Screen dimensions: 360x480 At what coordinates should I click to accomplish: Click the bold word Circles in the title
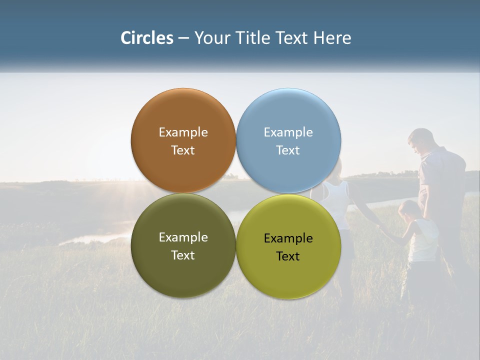point(146,38)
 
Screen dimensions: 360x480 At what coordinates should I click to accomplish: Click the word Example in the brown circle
point(183,132)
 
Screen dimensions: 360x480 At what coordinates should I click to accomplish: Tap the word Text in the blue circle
point(288,150)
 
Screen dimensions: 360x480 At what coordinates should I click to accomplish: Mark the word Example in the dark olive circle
point(183,237)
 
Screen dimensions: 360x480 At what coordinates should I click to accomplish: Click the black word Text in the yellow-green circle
point(288,256)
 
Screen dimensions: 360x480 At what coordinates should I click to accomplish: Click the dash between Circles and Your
point(183,38)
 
